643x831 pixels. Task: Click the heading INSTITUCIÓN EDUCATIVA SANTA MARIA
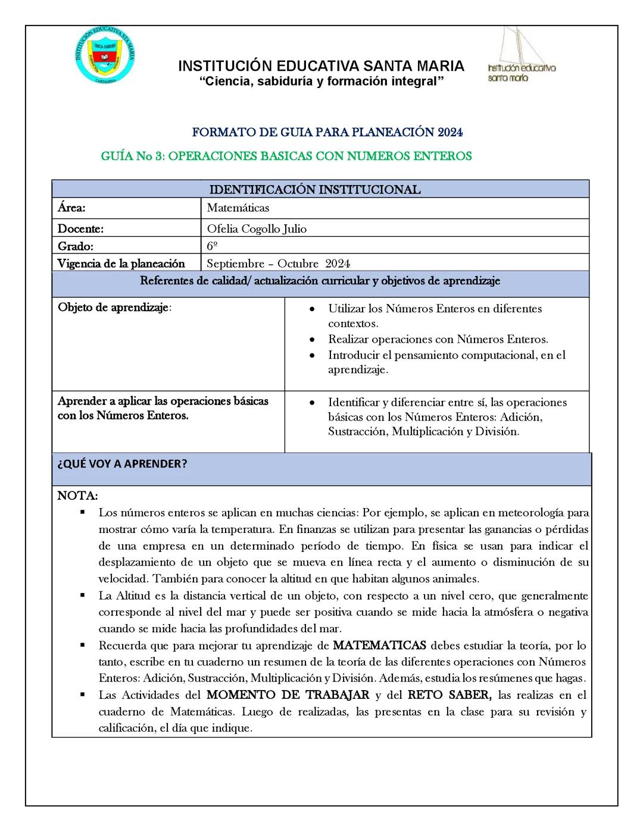[x=321, y=66]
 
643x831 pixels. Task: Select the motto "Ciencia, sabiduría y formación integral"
[x=321, y=81]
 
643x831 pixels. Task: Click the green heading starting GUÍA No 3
[x=286, y=156]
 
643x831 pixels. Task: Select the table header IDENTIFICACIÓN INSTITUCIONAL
[x=315, y=190]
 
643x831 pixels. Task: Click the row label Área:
[x=71, y=208]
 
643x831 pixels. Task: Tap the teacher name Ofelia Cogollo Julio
[x=257, y=229]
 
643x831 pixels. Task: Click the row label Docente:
[x=80, y=229]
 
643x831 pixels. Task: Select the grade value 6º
[x=212, y=246]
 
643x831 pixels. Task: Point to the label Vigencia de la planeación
[x=121, y=264]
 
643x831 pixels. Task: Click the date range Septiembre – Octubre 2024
[x=278, y=264]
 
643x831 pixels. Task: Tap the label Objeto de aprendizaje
[x=114, y=308]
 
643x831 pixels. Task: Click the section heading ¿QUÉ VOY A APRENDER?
[x=122, y=465]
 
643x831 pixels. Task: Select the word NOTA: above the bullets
[x=77, y=496]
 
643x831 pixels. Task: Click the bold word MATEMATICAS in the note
[x=379, y=645]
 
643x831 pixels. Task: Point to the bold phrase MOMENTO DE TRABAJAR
[x=288, y=695]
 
